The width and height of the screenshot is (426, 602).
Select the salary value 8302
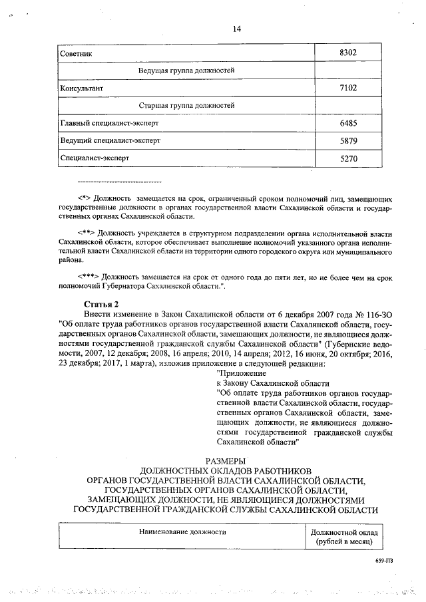pyautogui.click(x=349, y=52)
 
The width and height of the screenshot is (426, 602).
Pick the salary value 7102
pyautogui.click(x=349, y=88)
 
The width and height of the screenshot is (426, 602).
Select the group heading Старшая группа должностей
pyautogui.click(x=186, y=106)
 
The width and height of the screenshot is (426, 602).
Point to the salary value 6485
pyautogui.click(x=349, y=124)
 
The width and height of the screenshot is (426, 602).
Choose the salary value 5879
pyautogui.click(x=349, y=141)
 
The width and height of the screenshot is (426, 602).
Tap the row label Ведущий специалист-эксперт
pyautogui.click(x=110, y=141)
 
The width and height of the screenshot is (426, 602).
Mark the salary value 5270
pyautogui.click(x=349, y=159)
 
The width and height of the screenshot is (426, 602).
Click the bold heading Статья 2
pyautogui.click(x=93, y=303)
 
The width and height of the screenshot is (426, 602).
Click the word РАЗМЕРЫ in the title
pyautogui.click(x=226, y=460)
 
